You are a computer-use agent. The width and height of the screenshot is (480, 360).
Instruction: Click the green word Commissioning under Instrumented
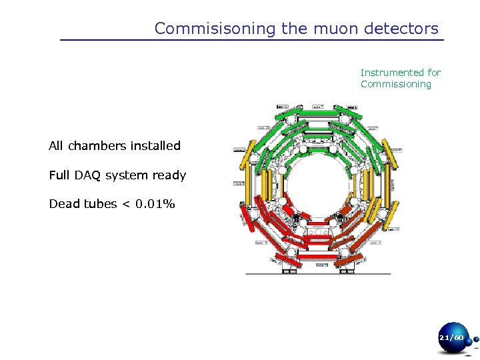click(x=396, y=84)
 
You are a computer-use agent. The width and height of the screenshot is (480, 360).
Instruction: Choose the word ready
click(x=170, y=175)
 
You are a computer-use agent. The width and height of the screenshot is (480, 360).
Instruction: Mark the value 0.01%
click(x=154, y=204)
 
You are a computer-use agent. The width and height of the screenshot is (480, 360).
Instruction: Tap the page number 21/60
click(x=451, y=339)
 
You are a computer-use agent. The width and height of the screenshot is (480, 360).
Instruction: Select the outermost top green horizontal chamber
click(x=318, y=113)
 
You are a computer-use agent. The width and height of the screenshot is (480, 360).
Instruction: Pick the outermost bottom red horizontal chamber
click(x=318, y=257)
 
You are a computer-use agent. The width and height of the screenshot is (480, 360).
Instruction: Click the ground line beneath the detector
click(x=318, y=273)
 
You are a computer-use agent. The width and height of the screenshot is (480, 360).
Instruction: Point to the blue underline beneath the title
click(x=251, y=41)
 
